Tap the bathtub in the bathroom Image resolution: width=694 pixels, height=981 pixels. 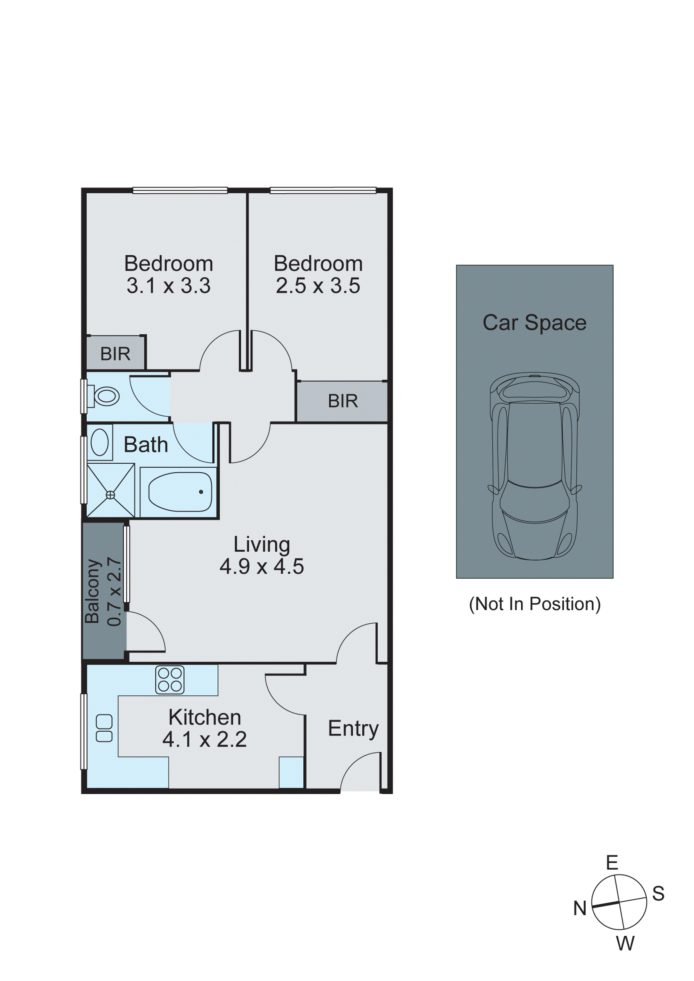[x=180, y=492]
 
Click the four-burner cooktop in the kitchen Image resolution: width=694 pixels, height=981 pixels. [x=170, y=679]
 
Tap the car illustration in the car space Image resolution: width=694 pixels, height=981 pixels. [x=535, y=466]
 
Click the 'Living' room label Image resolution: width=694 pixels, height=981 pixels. [x=262, y=545]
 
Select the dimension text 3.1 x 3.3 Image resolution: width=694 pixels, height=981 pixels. [x=168, y=286]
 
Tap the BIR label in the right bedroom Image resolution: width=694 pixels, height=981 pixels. [x=343, y=401]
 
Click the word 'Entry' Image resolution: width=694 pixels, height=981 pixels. [x=353, y=729]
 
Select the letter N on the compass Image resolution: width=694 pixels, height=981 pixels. [x=579, y=908]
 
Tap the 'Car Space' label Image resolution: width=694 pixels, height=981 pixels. [x=535, y=323]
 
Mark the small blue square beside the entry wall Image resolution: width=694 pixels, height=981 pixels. [x=291, y=772]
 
